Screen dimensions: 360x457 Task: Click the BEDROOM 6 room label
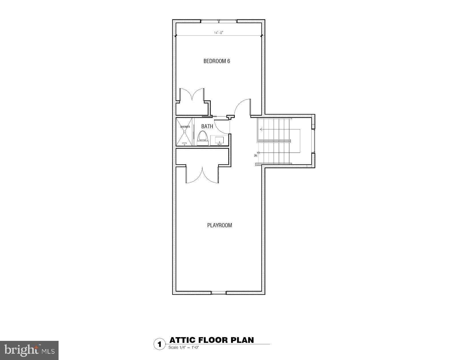[x=217, y=61]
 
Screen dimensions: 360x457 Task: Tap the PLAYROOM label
[x=219, y=225]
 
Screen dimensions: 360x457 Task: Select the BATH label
[x=207, y=126]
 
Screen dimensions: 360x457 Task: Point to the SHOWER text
[x=185, y=127]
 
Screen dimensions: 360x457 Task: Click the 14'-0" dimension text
[x=219, y=33]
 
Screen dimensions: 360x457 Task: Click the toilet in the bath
[x=202, y=136]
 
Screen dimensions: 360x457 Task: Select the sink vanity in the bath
[x=219, y=140]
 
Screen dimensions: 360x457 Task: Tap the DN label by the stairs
[x=255, y=156]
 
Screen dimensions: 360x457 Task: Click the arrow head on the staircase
[x=261, y=129]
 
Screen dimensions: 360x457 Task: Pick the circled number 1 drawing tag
[x=159, y=344]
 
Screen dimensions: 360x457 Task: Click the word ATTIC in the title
[x=182, y=340]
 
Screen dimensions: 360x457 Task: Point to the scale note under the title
[x=183, y=347]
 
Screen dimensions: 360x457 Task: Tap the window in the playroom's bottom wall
[x=219, y=293]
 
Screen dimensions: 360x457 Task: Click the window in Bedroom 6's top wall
[x=219, y=21]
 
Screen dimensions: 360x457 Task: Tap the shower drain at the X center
[x=185, y=131]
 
